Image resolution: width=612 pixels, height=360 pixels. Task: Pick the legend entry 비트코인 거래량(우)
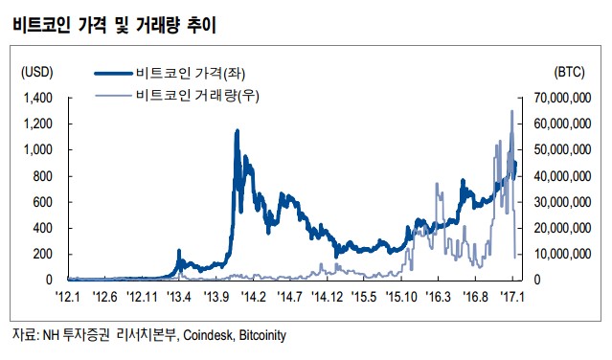204,95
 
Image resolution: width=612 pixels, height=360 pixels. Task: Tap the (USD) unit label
37,72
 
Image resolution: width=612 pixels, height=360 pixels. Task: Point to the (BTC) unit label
573,72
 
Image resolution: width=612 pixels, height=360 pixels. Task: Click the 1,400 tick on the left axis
35,98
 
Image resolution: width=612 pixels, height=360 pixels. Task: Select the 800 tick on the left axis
40,176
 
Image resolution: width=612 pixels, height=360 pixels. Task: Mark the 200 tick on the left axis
40,254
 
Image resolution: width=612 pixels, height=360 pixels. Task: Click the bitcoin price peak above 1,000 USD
237,131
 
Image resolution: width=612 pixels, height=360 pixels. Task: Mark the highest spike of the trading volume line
511,111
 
